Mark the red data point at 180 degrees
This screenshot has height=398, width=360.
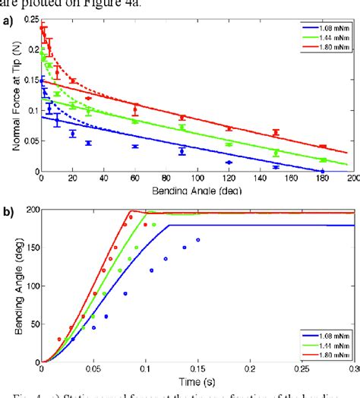coord(323,146)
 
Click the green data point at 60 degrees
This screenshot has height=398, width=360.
coord(135,121)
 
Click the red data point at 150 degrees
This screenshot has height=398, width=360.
coord(276,133)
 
